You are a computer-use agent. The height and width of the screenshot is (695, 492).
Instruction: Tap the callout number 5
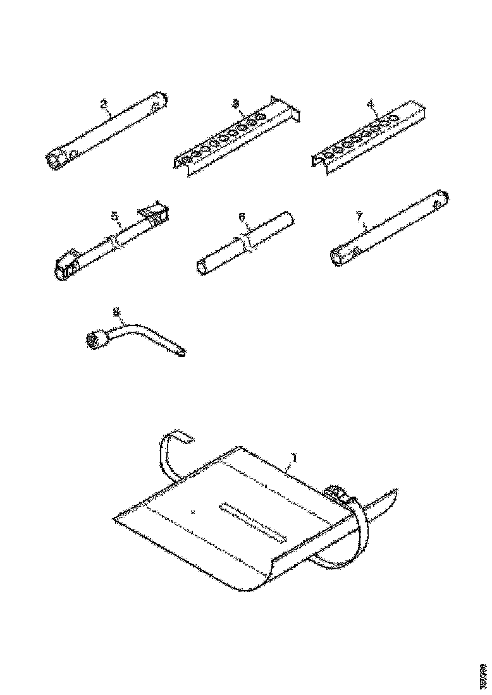(x=115, y=217)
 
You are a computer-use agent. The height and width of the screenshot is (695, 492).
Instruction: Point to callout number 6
(x=242, y=217)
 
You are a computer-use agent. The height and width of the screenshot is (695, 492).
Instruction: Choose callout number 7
(x=359, y=217)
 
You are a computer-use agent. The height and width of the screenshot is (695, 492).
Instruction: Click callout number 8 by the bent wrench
(x=116, y=311)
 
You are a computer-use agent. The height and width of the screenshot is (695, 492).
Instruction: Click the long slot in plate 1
(x=251, y=520)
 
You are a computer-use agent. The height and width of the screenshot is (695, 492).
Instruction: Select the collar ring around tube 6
(x=244, y=243)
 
